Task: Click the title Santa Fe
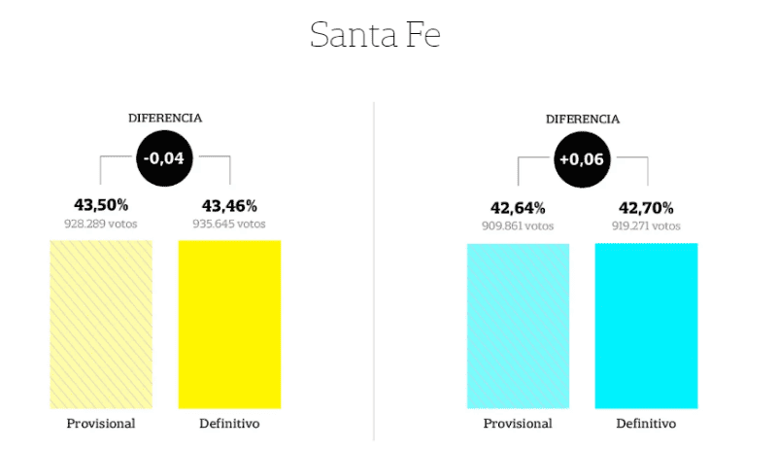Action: click(x=375, y=35)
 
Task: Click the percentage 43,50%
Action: click(x=101, y=205)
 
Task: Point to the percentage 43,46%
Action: click(x=229, y=205)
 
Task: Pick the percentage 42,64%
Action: click(x=518, y=207)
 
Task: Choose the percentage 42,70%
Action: click(x=646, y=207)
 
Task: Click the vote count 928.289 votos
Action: click(x=101, y=224)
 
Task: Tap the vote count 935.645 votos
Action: click(x=229, y=224)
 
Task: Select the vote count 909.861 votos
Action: click(x=518, y=225)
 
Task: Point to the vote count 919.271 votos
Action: click(x=646, y=225)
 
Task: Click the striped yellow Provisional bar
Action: click(x=101, y=324)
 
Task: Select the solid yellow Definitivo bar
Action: click(x=229, y=324)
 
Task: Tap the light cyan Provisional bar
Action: click(x=518, y=326)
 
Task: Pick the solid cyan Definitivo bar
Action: click(x=646, y=326)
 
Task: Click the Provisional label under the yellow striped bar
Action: click(x=101, y=424)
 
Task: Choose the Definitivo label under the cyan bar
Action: click(x=646, y=424)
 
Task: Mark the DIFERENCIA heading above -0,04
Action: click(x=165, y=118)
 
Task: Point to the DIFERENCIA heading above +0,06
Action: click(x=582, y=119)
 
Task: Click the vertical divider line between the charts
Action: click(x=374, y=272)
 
